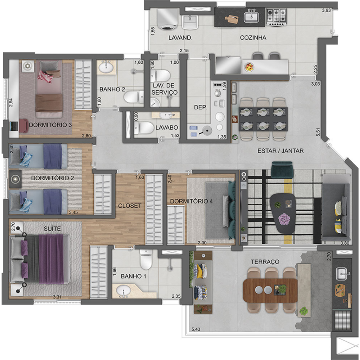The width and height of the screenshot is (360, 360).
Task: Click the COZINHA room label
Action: point(253,38)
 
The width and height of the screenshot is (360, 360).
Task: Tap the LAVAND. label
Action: point(180,38)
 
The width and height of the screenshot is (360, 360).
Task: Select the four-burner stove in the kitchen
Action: point(276,17)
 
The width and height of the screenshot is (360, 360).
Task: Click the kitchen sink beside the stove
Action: point(251,17)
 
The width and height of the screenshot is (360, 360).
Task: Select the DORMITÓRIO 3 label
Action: point(50,125)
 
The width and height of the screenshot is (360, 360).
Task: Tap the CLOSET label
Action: point(130,206)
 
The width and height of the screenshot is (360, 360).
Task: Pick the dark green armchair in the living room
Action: point(282,170)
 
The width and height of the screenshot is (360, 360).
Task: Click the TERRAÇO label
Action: point(265,262)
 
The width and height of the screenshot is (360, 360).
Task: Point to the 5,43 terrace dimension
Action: point(196,329)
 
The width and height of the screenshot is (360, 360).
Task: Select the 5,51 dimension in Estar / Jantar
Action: point(318,132)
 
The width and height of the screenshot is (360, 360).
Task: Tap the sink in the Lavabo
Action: point(166,115)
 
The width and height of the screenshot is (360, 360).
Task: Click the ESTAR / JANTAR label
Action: point(281,151)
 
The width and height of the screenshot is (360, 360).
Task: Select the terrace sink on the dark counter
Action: point(342,274)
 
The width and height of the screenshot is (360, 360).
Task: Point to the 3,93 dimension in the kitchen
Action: point(326,10)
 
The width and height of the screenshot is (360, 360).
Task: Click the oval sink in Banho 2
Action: point(106,67)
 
